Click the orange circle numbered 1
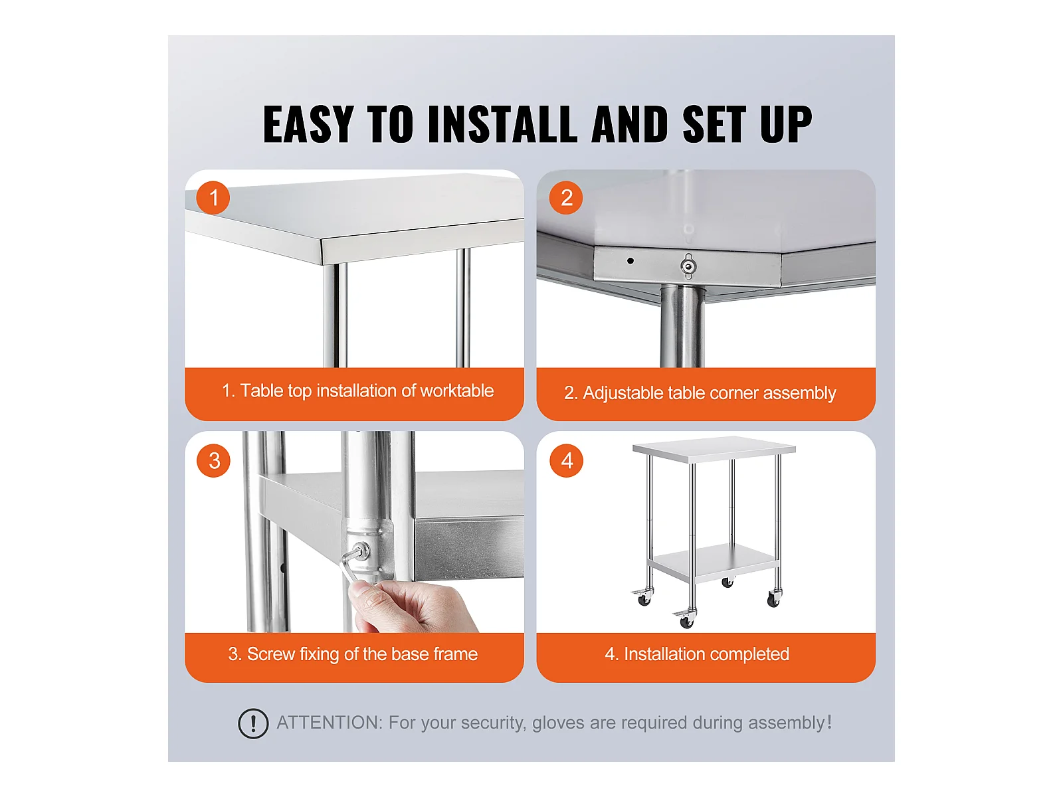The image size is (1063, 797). coord(213,197)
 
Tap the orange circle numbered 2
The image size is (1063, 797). coord(565,197)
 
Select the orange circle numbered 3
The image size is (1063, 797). coord(213,460)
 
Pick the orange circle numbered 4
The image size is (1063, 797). coord(566,460)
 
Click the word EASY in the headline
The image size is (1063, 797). coord(308,124)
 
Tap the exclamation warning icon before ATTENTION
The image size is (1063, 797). coord(253,723)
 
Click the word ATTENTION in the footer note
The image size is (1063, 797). coord(330,723)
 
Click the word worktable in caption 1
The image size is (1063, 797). coord(456,391)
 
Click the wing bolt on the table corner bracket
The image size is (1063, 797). coord(688,266)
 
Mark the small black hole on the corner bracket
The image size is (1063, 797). coord(630,261)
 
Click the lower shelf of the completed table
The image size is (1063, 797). coord(712,561)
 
